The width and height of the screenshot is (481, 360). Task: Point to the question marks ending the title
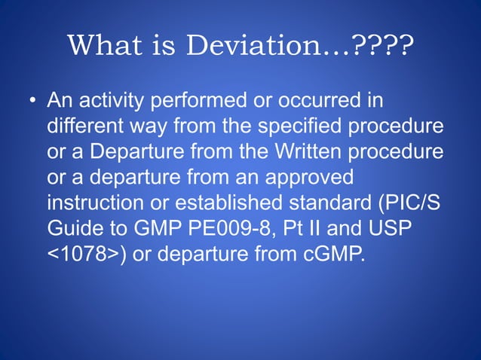pos(383,47)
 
